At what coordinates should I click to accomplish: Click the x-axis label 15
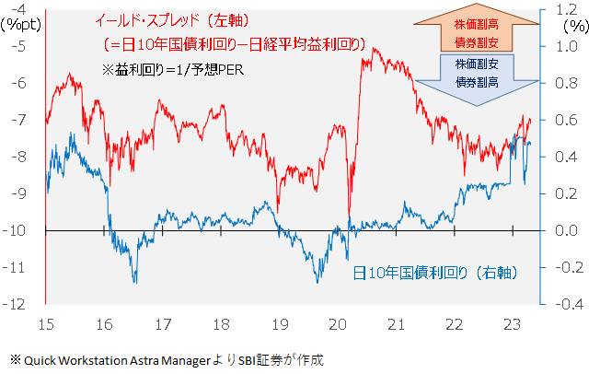(x=45, y=324)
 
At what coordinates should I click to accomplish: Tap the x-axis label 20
(x=338, y=324)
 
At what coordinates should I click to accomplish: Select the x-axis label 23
(x=513, y=324)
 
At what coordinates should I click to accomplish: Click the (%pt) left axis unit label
(x=19, y=25)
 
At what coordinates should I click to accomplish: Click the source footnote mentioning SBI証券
(x=167, y=358)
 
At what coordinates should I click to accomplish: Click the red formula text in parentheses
(x=230, y=43)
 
